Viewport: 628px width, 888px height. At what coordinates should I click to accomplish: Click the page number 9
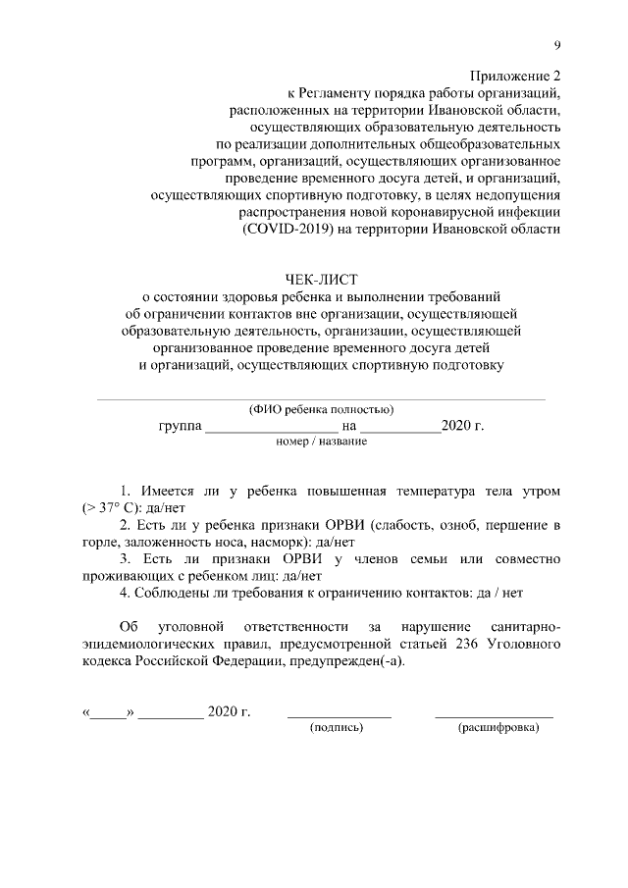557,46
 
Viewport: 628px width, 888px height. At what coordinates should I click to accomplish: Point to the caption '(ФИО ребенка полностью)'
322,409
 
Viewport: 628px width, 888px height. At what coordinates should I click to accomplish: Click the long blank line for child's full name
321,399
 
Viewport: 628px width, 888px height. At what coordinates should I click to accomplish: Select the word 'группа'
179,426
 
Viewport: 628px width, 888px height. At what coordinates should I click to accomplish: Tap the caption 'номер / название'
322,443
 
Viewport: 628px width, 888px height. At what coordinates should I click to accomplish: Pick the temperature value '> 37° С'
107,507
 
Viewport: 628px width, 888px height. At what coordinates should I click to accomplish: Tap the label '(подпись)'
337,728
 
